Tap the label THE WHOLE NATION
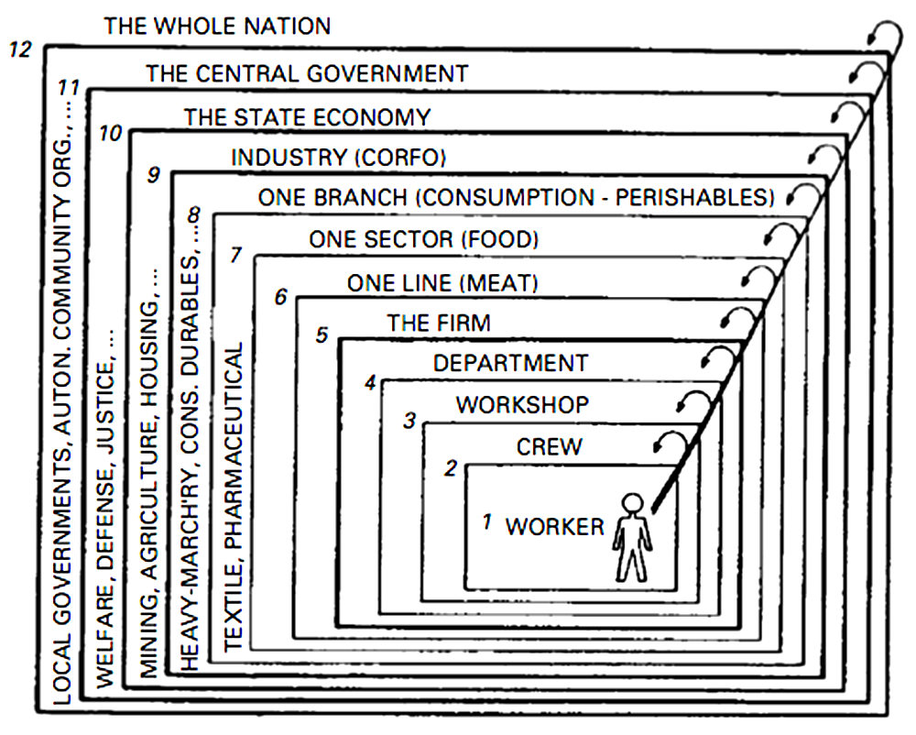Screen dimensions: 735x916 [217, 26]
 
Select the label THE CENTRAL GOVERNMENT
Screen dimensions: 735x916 [307, 72]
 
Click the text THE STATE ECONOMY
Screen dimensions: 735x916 [307, 117]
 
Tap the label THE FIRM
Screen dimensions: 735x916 [439, 323]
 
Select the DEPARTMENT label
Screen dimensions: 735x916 [510, 363]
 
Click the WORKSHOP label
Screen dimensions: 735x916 [523, 404]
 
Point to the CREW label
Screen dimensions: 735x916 [549, 447]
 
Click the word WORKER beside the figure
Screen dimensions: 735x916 [555, 527]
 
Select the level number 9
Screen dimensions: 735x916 [153, 173]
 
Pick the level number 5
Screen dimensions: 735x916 [322, 335]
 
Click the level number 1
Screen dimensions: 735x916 [488, 522]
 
